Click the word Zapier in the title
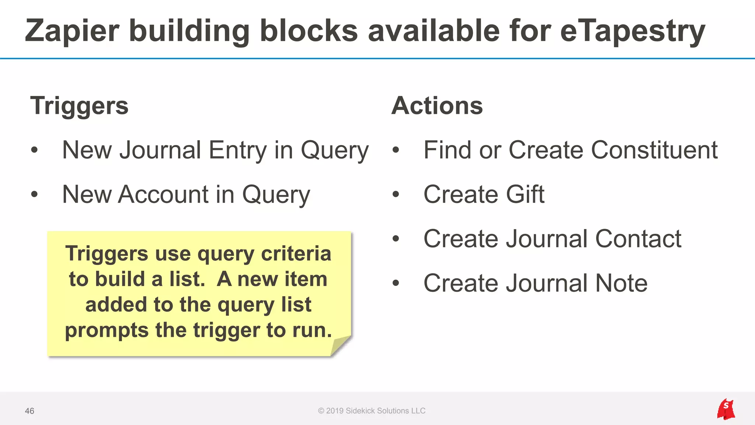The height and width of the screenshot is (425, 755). tap(72, 31)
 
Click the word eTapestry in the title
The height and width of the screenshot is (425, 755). tap(633, 31)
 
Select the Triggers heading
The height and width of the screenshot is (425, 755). tap(79, 106)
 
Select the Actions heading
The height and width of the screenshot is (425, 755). tap(437, 106)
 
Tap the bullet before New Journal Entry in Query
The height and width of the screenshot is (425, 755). tap(34, 150)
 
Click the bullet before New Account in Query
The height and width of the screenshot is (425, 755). tap(34, 194)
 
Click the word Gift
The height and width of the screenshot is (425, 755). tap(525, 194)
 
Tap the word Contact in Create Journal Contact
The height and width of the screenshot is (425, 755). tap(638, 239)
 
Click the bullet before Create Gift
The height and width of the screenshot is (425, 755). tap(396, 194)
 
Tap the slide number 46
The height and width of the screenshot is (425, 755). tap(29, 411)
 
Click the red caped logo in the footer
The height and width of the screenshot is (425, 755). tap(726, 410)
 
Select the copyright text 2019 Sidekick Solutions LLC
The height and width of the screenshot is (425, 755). tap(372, 411)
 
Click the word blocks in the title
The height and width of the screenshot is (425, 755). tap(309, 31)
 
